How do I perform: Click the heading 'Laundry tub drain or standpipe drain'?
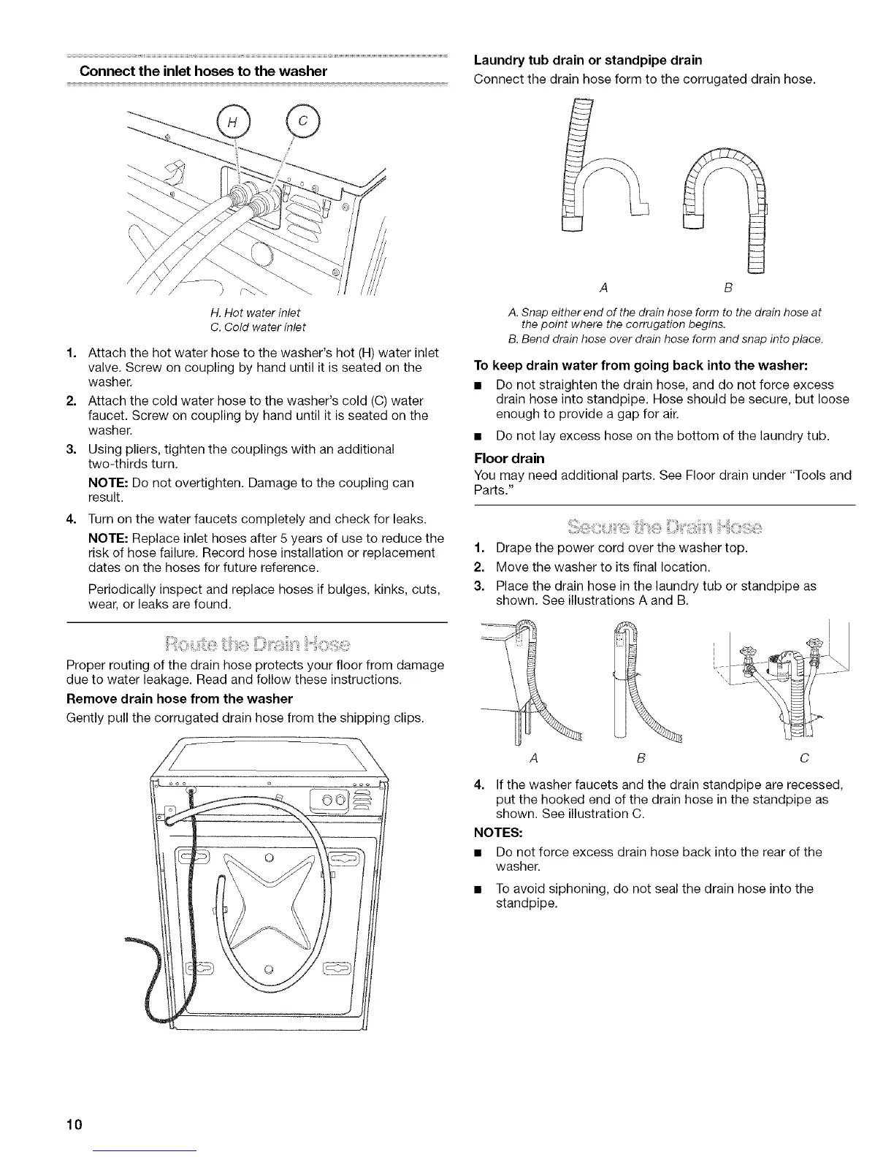588,60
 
